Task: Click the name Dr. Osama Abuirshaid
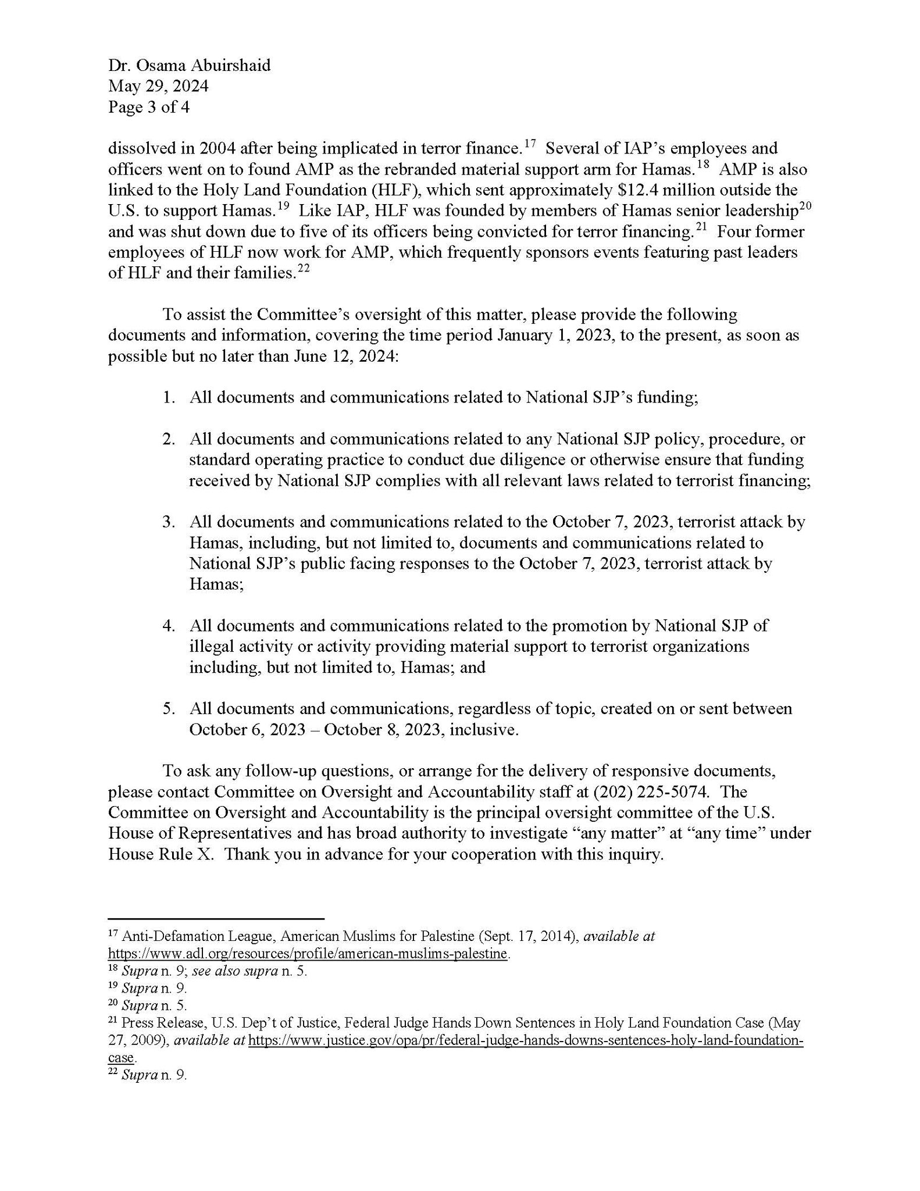point(189,65)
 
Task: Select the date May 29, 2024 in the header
point(158,86)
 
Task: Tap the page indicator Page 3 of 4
point(148,107)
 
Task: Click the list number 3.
point(168,522)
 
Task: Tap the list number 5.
point(168,708)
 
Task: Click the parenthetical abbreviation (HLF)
point(395,190)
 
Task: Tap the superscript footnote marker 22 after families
point(302,269)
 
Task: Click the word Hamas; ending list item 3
point(216,584)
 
